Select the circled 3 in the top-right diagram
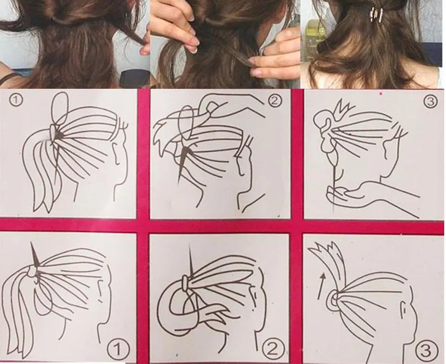point(429,101)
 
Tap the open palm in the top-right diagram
point(353,196)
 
